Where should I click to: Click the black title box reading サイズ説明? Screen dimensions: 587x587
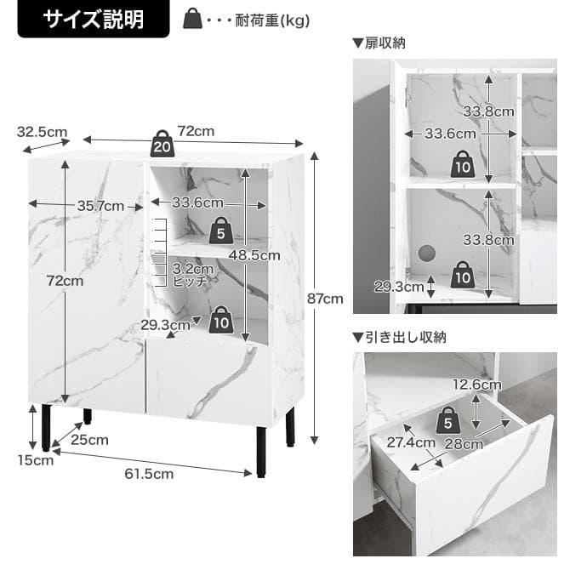[x=94, y=20]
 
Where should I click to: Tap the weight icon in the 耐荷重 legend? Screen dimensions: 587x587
[x=193, y=20]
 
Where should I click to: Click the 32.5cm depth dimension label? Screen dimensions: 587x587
[x=42, y=132]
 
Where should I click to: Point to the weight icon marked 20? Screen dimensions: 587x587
[x=162, y=144]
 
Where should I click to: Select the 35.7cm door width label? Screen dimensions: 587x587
[x=100, y=205]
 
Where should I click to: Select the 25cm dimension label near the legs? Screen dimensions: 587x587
[x=91, y=440]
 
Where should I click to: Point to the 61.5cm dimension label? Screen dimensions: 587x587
[x=150, y=474]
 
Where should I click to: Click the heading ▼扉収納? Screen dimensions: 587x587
[x=380, y=43]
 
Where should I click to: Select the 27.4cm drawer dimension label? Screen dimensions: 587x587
[x=411, y=442]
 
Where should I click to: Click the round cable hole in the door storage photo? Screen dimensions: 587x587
[x=425, y=253]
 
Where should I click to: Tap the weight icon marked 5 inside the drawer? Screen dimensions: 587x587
[x=448, y=420]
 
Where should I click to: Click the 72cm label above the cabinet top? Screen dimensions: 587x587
[x=195, y=131]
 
